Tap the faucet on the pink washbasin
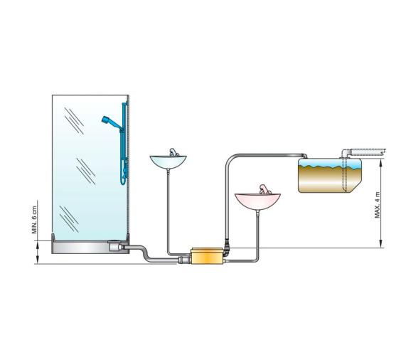tap(262, 189)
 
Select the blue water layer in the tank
tap(328, 168)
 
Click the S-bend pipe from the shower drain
tap(146, 254)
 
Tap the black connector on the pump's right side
tap(227, 251)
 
